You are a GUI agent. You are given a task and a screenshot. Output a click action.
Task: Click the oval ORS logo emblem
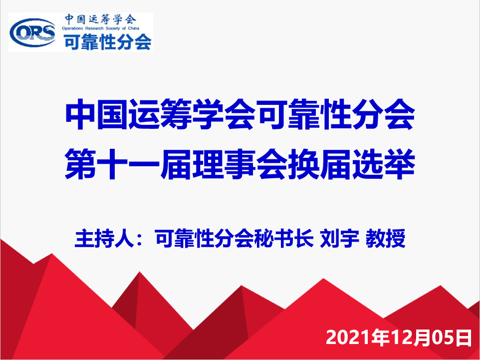point(33,32)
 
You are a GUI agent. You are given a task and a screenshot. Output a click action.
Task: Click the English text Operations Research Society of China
point(100,28)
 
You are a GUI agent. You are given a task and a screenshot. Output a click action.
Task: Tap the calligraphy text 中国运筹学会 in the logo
point(100,19)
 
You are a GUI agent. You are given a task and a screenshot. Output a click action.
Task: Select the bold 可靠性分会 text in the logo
point(107,41)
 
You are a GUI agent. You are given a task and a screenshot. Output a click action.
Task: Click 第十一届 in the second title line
point(128,166)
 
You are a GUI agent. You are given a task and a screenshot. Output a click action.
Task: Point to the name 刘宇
point(339,239)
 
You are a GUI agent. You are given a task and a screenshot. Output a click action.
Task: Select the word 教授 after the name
point(386,239)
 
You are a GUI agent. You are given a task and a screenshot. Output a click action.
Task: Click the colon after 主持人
point(141,240)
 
